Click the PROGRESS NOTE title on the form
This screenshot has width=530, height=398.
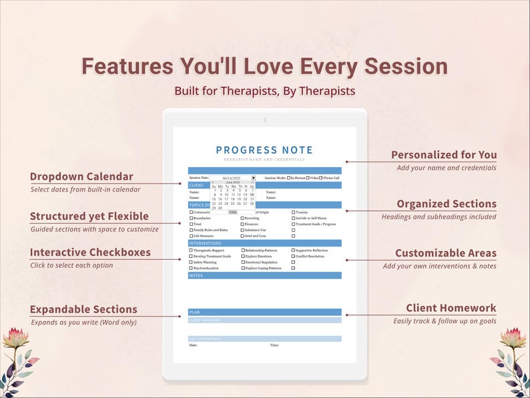coord(264,150)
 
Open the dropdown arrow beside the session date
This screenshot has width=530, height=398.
coord(253,178)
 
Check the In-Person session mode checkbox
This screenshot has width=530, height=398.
coord(288,178)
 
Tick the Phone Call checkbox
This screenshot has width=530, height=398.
coord(321,178)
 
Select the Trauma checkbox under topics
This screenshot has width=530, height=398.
coord(293,212)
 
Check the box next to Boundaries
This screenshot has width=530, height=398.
coord(191,218)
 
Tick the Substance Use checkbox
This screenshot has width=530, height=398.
coord(242,230)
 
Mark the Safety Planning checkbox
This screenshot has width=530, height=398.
coord(191,262)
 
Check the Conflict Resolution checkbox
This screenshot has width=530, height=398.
coord(293,256)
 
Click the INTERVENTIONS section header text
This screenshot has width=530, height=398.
coord(202,244)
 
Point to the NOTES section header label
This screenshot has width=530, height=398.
coord(196,275)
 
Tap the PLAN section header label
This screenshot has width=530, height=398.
coord(194,312)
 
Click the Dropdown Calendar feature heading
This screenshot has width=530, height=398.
coord(81,177)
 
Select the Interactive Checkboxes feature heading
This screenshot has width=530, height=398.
coord(90,252)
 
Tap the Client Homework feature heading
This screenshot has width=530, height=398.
coord(451,308)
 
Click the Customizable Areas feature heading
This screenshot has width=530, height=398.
coord(446,253)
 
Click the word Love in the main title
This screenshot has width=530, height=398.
coord(270,66)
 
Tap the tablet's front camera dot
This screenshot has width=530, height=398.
coord(265,120)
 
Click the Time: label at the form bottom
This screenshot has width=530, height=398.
coord(274,345)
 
